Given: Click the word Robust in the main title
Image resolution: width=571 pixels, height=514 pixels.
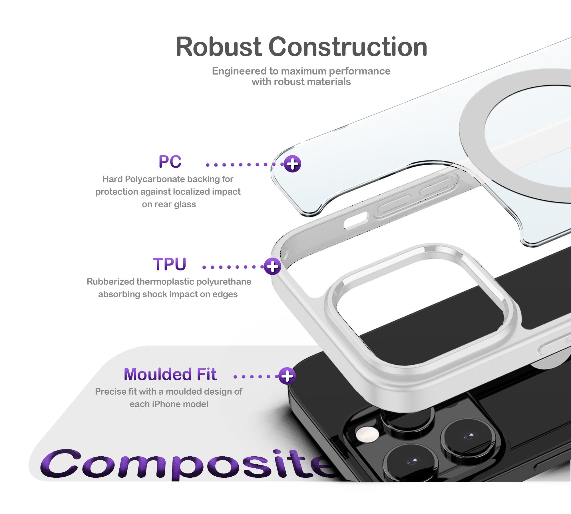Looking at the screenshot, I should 219,47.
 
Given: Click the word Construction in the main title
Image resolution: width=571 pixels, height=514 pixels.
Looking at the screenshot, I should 348,47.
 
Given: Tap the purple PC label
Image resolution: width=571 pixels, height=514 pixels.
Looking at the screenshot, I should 170,162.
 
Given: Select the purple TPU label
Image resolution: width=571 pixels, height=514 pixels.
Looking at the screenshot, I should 169,264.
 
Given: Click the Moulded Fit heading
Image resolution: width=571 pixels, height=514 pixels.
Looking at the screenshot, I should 170,374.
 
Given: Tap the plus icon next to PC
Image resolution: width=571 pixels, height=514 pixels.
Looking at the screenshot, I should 292,164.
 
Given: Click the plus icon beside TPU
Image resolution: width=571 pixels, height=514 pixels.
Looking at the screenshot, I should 272,266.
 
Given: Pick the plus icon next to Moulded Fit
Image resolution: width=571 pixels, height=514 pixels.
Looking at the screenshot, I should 287,376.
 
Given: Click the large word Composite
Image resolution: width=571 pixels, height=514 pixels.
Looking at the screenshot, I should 188,464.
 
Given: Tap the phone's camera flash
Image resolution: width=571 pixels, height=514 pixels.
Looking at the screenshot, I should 367,434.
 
